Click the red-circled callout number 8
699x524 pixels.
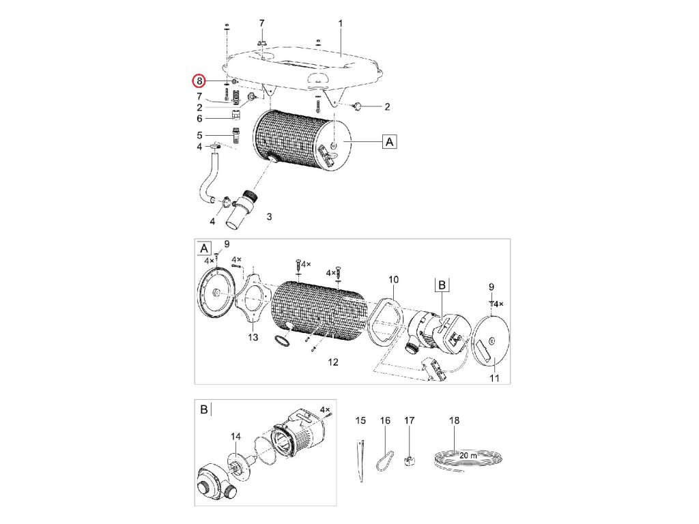tap(199, 81)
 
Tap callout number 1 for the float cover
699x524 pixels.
tap(340, 23)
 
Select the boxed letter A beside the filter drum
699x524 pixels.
tap(388, 142)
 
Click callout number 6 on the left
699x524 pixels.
tap(199, 118)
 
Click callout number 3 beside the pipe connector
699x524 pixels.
tap(269, 216)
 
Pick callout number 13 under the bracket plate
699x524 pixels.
tap(253, 338)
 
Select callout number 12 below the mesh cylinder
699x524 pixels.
tap(332, 362)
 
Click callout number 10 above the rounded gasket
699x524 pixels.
tap(393, 279)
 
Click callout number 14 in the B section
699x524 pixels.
tap(236, 435)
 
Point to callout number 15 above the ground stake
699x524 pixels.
tap(360, 420)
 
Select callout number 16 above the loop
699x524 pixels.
tap(385, 420)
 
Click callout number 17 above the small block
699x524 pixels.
tap(410, 420)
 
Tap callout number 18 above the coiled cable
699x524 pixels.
tap(455, 420)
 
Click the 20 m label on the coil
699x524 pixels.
tap(469, 454)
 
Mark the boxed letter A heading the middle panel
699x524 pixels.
tap(203, 247)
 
